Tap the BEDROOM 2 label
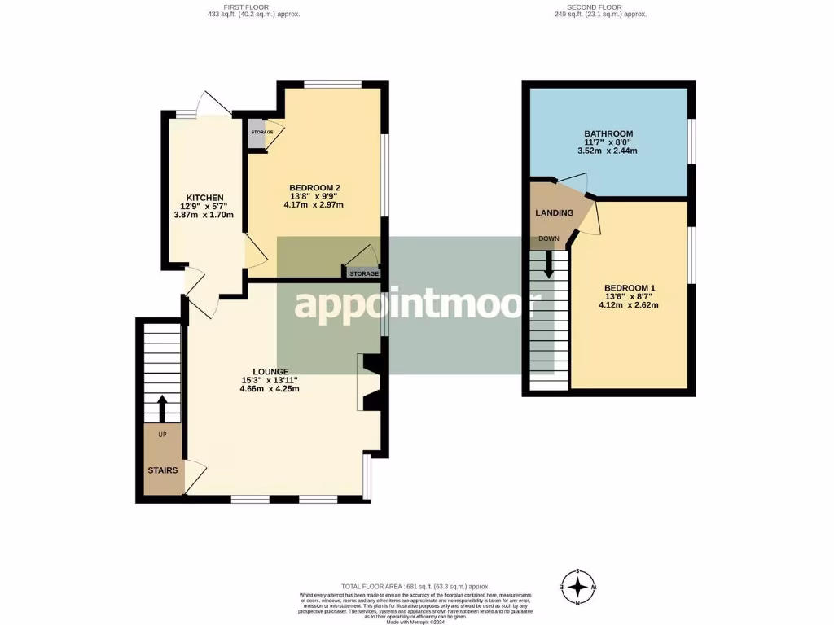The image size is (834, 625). coord(314,188)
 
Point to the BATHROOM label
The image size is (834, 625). coord(608,133)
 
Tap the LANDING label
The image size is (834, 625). coord(554,213)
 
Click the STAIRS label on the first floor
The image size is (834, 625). coord(162,470)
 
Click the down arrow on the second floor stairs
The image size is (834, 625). coord(549,262)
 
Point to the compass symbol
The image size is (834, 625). coord(578,587)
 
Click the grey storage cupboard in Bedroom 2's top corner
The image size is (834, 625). coord(257,133)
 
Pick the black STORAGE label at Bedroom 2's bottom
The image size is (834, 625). coord(364,274)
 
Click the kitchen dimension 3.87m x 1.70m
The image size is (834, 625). coord(204,215)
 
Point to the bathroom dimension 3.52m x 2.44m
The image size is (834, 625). coord(608,151)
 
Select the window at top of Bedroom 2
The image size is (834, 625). coord(331,83)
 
